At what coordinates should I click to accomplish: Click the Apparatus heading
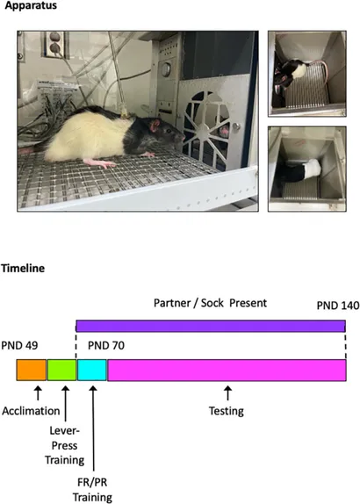point(31,5)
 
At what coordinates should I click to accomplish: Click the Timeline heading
point(23,268)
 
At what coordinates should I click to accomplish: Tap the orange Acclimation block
point(32,371)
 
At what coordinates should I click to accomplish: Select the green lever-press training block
point(62,371)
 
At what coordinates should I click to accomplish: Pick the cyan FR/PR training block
point(92,371)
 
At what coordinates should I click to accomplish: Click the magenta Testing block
point(227,371)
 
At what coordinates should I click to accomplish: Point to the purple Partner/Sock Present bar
point(211,326)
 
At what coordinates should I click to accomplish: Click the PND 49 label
point(19,346)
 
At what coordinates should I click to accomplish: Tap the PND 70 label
point(106,346)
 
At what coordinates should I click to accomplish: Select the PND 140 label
point(338,306)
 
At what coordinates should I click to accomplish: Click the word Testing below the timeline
point(227,411)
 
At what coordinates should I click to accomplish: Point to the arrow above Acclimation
point(38,393)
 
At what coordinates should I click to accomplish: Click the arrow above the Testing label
point(228,393)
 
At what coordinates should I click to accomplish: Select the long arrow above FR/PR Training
point(93,428)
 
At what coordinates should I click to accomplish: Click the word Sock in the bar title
point(212,303)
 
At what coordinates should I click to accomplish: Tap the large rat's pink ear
point(155,125)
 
